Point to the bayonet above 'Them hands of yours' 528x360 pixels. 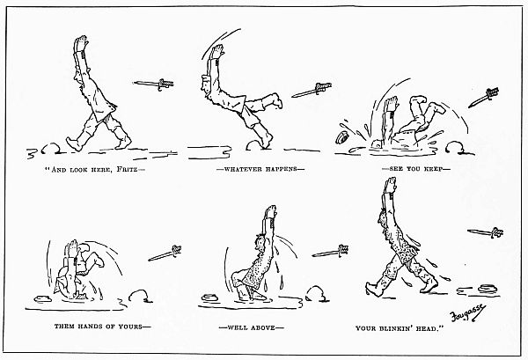coord(165,253)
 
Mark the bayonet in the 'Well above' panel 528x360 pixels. coord(328,253)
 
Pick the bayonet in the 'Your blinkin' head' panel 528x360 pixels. coord(485,233)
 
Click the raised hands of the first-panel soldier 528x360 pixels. coord(82,47)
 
